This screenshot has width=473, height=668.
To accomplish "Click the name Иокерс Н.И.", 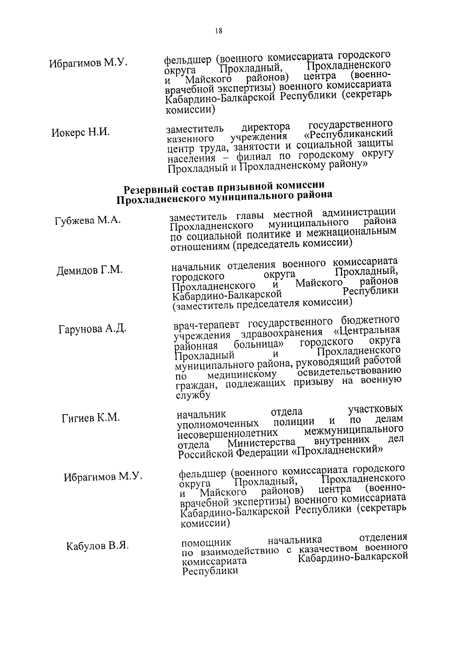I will pyautogui.click(x=80, y=133).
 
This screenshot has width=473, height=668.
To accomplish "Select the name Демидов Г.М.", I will pyautogui.click(x=89, y=270).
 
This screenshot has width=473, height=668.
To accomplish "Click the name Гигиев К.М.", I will pyautogui.click(x=91, y=418).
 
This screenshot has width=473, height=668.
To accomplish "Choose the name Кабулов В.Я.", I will pyautogui.click(x=97, y=546).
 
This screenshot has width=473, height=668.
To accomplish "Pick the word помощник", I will pyautogui.click(x=206, y=544).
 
